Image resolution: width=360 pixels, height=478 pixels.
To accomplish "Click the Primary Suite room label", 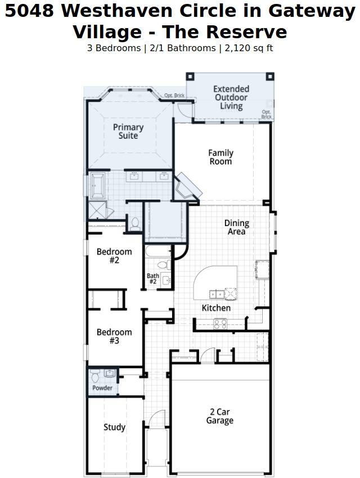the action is [x=128, y=132].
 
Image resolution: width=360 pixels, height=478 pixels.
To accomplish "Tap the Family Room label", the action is [x=220, y=157].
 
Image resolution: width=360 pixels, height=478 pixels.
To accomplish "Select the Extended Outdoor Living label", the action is [x=231, y=97].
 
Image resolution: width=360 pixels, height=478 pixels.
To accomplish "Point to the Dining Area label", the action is [x=237, y=227].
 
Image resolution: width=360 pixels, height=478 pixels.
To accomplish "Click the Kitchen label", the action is [x=216, y=308].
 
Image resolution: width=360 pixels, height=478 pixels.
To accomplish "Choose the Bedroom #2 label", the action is [x=114, y=256].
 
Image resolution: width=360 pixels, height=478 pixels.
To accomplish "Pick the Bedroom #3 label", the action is [x=114, y=336].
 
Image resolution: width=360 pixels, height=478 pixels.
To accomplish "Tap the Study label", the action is [x=114, y=427].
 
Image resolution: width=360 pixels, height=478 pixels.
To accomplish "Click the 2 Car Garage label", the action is [x=220, y=416].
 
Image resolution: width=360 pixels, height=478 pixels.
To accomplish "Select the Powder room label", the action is [x=102, y=388].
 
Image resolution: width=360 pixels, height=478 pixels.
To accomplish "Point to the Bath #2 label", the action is [x=152, y=278].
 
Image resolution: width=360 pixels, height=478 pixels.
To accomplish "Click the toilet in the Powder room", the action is [x=95, y=376].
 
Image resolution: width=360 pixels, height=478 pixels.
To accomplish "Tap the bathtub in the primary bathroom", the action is [x=97, y=186].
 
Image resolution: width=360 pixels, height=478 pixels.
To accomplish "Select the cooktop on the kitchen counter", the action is [x=220, y=324].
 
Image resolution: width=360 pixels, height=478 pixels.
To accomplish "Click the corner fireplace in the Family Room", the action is [x=187, y=187].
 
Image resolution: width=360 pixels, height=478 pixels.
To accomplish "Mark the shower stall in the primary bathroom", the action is [x=97, y=210].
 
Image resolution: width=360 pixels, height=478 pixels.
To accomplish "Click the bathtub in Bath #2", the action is [x=158, y=251].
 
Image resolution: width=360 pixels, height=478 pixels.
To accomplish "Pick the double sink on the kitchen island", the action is [x=217, y=294].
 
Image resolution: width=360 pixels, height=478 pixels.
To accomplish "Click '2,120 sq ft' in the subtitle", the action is [x=249, y=48].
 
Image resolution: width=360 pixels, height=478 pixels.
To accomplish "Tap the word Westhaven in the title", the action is [x=117, y=11].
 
